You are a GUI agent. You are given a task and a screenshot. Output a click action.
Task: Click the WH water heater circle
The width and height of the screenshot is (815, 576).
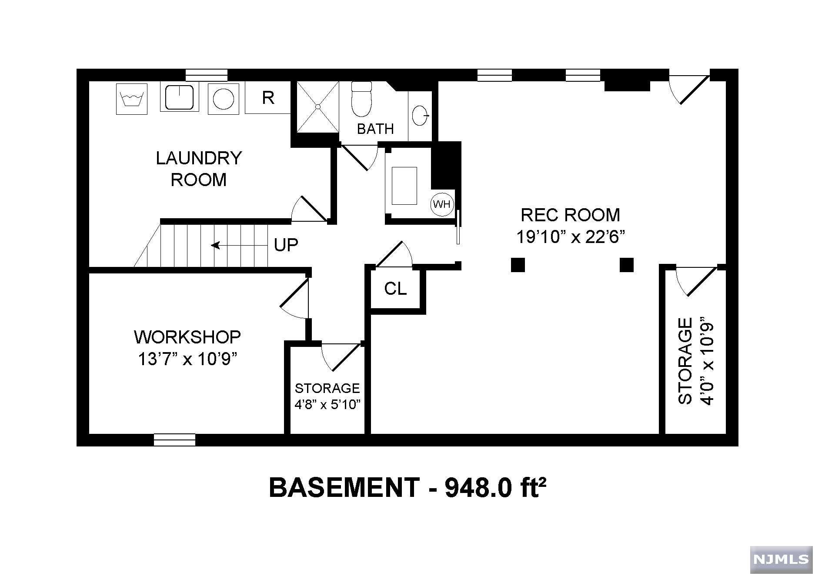[x=442, y=204]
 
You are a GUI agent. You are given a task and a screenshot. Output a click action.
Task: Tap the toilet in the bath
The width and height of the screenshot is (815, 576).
[x=361, y=99]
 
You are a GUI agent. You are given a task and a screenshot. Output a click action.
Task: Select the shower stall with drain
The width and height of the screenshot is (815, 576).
[x=317, y=107]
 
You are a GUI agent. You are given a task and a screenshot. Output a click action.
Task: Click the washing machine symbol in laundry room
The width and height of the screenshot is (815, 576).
[x=132, y=99]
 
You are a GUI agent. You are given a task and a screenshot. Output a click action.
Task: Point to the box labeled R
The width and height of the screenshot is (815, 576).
[x=268, y=98]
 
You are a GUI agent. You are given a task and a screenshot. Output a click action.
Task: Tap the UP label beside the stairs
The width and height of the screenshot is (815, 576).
[x=286, y=246]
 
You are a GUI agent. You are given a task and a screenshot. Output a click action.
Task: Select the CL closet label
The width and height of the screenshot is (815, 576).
[x=395, y=288]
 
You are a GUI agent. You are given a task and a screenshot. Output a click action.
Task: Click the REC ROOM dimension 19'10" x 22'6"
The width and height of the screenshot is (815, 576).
[x=570, y=237]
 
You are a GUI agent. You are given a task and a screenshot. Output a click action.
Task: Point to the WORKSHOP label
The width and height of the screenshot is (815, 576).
[x=187, y=337]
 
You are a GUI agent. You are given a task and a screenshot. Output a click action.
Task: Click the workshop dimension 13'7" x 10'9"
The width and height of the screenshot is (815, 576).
[x=187, y=359]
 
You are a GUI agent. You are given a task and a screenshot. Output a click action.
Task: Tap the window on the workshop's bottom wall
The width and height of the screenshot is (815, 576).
[x=174, y=439]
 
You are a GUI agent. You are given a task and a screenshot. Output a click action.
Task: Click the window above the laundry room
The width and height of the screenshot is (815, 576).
[x=206, y=75]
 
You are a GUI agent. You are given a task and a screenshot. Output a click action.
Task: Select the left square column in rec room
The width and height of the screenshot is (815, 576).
[x=518, y=265]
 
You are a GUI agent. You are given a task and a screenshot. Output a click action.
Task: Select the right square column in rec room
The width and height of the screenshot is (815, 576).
[x=626, y=265]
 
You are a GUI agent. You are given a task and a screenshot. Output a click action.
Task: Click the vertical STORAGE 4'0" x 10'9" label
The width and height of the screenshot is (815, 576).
[x=696, y=361]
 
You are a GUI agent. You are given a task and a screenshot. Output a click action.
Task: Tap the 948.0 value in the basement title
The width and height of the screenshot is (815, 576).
[x=473, y=488]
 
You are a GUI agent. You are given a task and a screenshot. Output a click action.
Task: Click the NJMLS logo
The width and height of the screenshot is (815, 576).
[x=780, y=559]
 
